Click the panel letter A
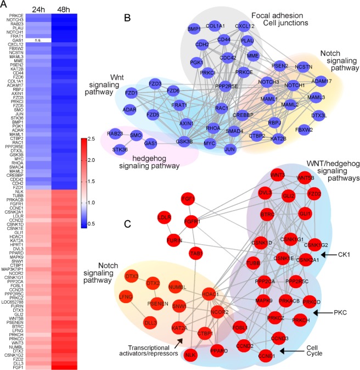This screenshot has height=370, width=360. [x=5, y=5]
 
